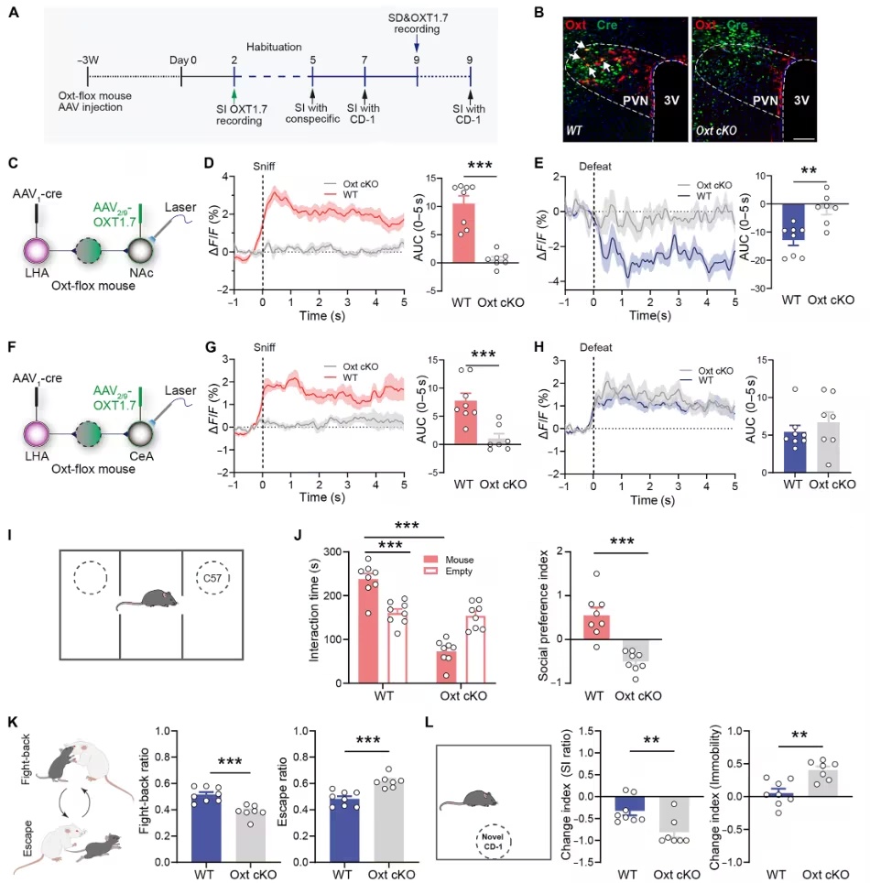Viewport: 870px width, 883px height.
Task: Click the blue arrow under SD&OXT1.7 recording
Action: click(x=417, y=43)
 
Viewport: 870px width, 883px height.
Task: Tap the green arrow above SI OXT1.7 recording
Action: click(x=234, y=94)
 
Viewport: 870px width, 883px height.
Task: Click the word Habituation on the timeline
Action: click(x=274, y=47)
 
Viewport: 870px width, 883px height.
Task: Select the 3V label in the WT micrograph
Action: click(x=671, y=101)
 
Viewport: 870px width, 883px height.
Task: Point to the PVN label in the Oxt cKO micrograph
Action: click(x=766, y=101)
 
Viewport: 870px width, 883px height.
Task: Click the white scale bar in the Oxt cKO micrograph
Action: click(x=805, y=137)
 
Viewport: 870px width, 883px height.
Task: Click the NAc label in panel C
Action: click(x=141, y=273)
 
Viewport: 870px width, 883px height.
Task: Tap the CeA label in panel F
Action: click(x=141, y=455)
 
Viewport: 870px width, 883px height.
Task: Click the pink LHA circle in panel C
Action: click(x=37, y=251)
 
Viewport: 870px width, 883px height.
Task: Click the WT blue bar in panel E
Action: click(x=793, y=222)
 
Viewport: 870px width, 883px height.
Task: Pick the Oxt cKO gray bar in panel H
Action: click(x=828, y=447)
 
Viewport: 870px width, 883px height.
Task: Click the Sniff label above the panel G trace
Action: click(x=264, y=347)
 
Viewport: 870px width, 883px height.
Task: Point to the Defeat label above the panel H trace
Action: click(x=596, y=347)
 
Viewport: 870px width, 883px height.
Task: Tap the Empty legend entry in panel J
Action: click(x=448, y=571)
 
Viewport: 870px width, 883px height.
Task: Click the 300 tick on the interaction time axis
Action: click(x=332, y=551)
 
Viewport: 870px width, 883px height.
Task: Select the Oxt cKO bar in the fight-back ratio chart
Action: click(x=251, y=836)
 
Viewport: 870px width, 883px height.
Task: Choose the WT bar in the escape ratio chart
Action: click(x=344, y=831)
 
